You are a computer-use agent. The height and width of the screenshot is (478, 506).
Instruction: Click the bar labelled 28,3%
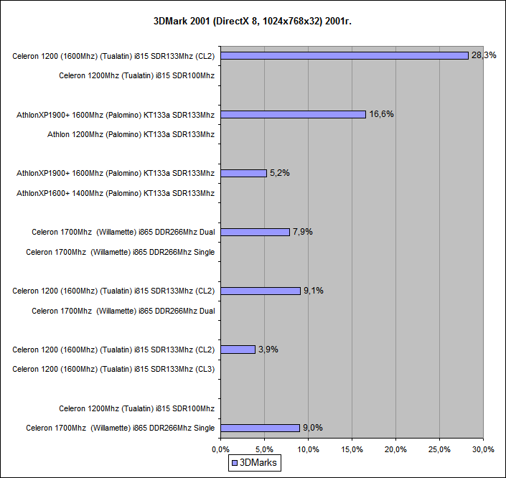tap(345, 55)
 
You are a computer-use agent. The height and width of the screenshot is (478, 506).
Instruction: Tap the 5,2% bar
tap(243, 173)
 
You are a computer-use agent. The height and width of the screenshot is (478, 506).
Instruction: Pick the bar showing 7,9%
tap(255, 232)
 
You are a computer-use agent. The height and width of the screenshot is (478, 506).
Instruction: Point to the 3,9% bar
tap(238, 350)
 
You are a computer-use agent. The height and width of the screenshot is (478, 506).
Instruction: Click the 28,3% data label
tap(484, 55)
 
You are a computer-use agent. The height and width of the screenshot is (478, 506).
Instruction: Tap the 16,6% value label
tap(381, 114)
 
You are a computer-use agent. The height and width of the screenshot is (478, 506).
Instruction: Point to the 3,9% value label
tap(268, 350)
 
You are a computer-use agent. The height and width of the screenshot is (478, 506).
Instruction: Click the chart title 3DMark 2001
tap(253, 22)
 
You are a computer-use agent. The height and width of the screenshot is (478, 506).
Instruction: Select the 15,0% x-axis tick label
tap(352, 449)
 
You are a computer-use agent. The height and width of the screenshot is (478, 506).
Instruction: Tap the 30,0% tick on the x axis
tap(483, 449)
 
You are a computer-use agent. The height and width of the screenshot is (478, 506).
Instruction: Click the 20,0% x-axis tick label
tap(395, 449)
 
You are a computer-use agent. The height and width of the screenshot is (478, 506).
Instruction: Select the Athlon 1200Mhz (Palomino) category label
tap(131, 133)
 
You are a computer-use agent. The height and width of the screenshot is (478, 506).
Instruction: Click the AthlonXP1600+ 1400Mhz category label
tap(116, 192)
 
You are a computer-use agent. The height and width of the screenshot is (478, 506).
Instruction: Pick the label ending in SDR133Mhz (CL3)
tap(113, 369)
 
